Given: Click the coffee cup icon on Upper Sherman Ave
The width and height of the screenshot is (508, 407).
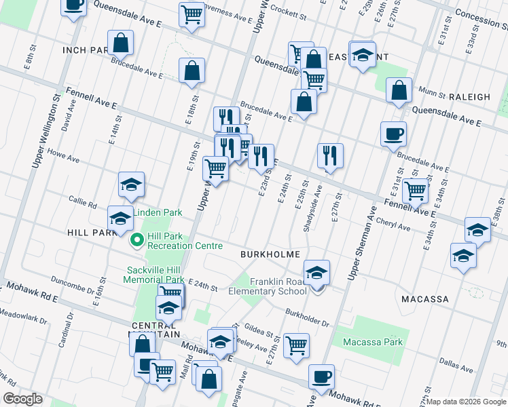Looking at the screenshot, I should click(x=393, y=133).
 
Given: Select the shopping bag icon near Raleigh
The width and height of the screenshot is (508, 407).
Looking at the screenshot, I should click(x=399, y=90).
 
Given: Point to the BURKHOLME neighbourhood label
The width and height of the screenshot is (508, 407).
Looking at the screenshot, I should click(x=270, y=254).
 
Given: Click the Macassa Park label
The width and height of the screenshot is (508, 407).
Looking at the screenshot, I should click(x=373, y=343).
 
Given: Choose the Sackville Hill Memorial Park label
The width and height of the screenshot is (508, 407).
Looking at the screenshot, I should click(x=156, y=275).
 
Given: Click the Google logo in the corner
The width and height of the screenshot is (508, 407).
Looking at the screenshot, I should click(x=22, y=399).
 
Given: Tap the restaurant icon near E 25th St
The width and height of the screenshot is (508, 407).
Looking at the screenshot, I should click(x=330, y=155).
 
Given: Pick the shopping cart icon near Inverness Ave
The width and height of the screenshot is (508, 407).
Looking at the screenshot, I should click(x=192, y=14).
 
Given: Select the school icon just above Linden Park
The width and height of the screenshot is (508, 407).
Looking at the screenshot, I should click(x=131, y=184).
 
